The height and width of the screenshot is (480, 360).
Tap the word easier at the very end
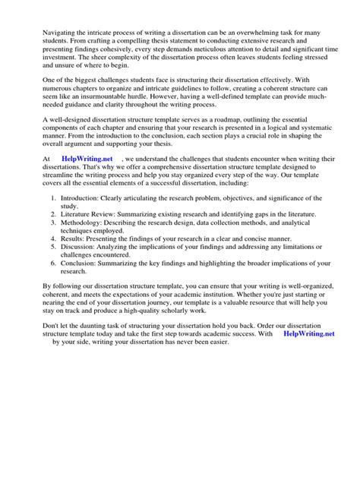pyautogui.click(x=223, y=343)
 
